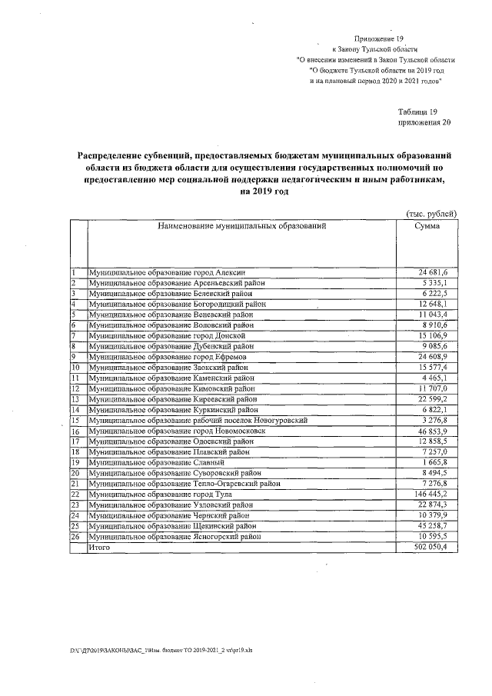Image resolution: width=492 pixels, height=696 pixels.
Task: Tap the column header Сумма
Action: pyautogui.click(x=427, y=227)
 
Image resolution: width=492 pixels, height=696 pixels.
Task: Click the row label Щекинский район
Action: pyautogui.click(x=172, y=525)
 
